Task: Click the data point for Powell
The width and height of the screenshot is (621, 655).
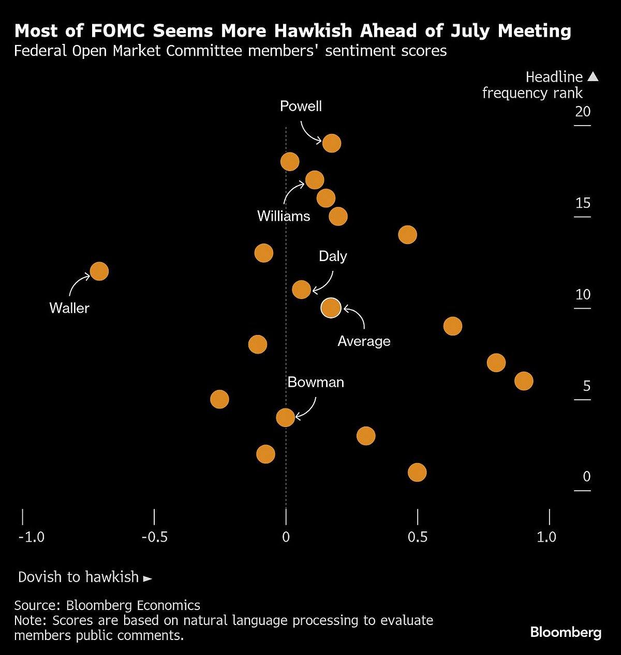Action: [331, 143]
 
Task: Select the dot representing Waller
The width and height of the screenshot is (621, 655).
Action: [99, 271]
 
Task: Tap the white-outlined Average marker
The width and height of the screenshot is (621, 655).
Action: [331, 308]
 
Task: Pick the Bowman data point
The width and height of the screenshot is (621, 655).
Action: [285, 417]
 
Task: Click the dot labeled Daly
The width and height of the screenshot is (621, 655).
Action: [301, 290]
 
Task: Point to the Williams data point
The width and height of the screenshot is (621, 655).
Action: [315, 180]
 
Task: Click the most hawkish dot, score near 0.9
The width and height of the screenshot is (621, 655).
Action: [524, 381]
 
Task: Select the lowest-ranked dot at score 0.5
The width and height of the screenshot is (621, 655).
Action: [417, 472]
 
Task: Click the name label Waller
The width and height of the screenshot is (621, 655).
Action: [69, 308]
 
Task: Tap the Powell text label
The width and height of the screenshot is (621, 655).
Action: [301, 106]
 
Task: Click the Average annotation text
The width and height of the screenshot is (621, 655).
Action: [364, 341]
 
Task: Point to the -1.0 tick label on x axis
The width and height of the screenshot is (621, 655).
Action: [31, 537]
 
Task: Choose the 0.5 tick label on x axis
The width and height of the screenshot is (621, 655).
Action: [417, 537]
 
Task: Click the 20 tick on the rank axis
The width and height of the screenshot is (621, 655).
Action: [583, 112]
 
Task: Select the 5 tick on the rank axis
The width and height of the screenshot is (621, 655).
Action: [586, 386]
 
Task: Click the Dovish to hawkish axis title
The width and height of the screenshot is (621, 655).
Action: [79, 577]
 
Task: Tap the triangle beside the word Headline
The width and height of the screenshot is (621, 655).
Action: [593, 77]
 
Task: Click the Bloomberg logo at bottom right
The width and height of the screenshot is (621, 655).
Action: [566, 632]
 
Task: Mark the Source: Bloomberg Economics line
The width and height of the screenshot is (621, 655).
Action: [107, 605]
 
